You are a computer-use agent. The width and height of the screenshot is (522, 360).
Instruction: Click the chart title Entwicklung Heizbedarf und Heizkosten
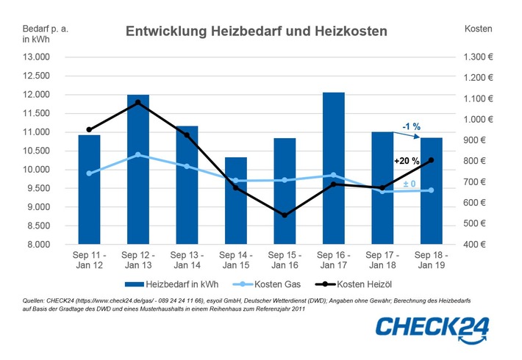pos(256,32)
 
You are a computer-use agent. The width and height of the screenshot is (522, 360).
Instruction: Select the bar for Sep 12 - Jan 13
pos(138,169)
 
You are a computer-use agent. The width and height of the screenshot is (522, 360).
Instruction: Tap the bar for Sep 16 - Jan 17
pos(334,168)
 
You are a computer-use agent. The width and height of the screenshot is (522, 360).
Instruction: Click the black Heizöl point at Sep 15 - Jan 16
pos(285,215)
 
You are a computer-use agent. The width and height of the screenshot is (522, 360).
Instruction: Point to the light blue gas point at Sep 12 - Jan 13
pos(138,155)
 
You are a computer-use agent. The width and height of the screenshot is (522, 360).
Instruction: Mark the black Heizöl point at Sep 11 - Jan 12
pos(90,130)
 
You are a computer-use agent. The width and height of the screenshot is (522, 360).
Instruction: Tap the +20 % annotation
pos(407,161)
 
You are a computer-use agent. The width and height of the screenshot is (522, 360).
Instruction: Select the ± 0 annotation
pos(409,183)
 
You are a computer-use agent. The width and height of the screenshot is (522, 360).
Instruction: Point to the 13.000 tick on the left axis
pos(36,57)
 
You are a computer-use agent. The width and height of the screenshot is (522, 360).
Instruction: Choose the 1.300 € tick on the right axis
pos(480,57)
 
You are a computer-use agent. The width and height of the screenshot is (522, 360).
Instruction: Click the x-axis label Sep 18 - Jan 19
pos(432,260)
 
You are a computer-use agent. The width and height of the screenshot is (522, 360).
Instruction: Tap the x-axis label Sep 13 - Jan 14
pos(187,260)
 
